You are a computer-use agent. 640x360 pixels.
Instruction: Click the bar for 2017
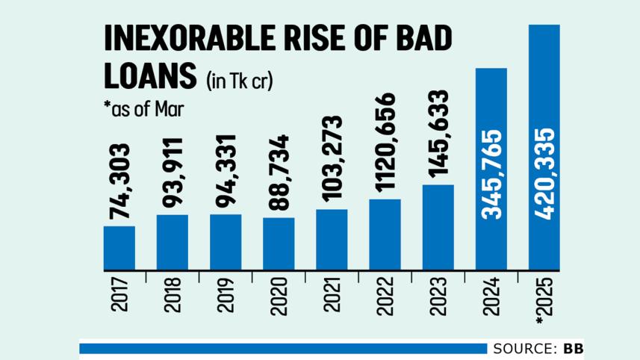[x=119, y=248]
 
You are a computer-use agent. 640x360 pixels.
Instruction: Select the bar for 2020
[x=279, y=243]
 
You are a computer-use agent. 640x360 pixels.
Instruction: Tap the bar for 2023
[x=438, y=227]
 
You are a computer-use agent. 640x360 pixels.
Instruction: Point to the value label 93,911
[x=173, y=173]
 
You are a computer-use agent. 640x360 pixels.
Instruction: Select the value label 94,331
[x=226, y=173]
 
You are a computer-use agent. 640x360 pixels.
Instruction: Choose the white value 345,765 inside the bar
[x=491, y=175]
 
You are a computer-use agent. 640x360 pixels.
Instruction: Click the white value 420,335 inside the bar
[x=544, y=175]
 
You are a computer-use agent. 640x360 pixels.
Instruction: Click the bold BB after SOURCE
[x=574, y=349]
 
